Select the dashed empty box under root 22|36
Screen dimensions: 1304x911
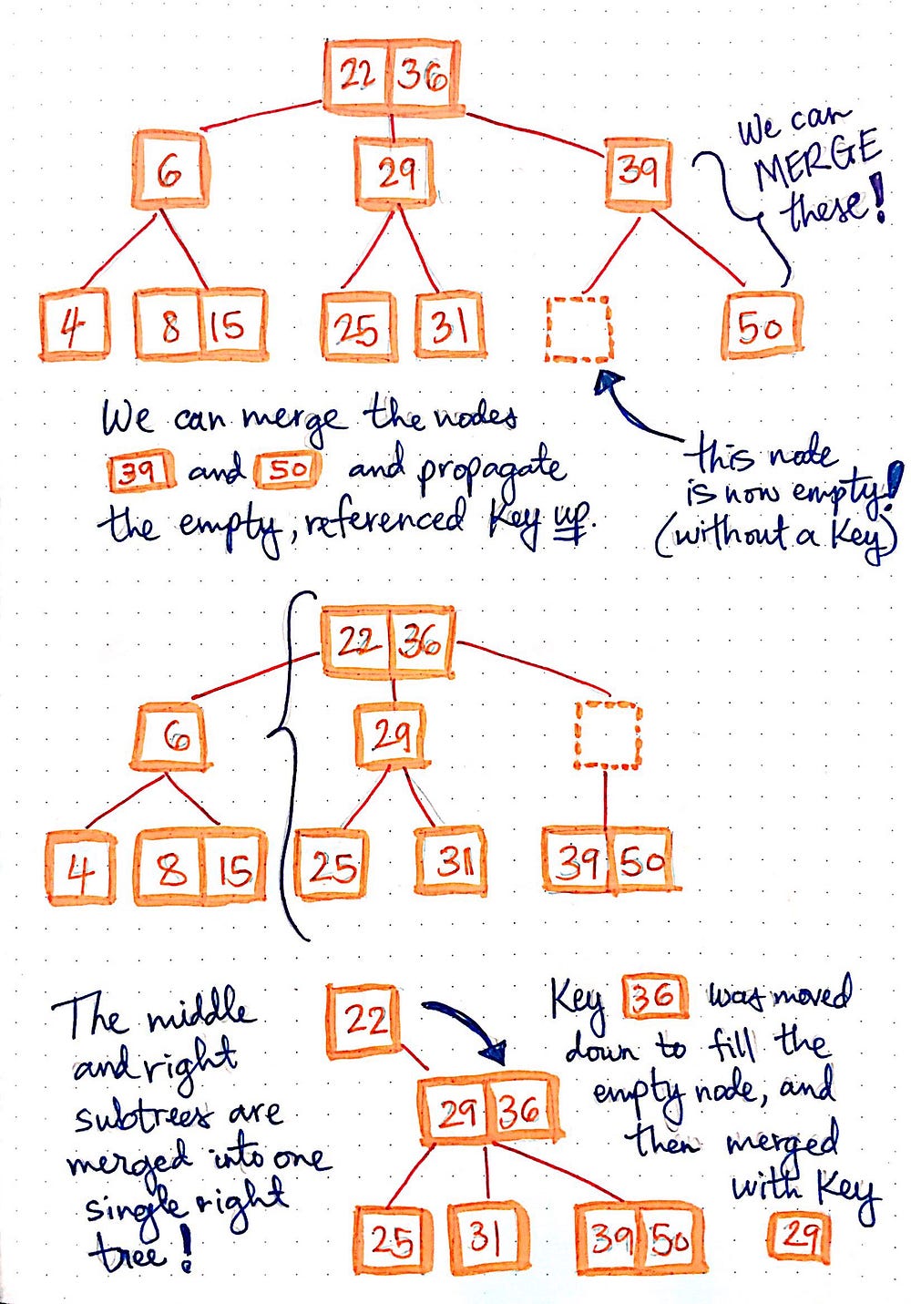click(x=608, y=734)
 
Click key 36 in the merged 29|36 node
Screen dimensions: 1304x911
click(x=520, y=1111)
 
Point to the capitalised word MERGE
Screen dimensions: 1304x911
click(x=815, y=162)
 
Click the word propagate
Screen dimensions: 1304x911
click(x=492, y=470)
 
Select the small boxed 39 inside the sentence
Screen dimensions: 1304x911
click(x=141, y=471)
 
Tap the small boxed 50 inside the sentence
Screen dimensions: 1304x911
click(x=288, y=470)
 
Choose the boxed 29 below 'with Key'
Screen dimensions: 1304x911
click(x=799, y=1236)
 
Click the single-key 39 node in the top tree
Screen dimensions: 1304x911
click(x=637, y=172)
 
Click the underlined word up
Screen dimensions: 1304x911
click(x=573, y=520)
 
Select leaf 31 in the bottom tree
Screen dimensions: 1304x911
click(x=486, y=1236)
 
